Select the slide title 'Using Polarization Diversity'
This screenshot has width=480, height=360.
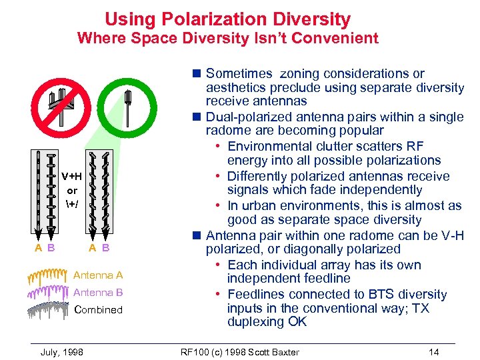point(227,19)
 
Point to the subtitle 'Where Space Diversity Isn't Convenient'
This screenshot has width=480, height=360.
point(227,38)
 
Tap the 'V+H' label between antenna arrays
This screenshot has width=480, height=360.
point(72,177)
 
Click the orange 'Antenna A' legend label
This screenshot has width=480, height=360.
point(98,275)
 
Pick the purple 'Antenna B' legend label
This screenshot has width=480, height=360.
point(98,292)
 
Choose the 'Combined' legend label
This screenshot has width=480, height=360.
point(99,309)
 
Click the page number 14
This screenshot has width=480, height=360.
point(434,351)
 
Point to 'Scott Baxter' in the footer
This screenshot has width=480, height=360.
point(273,351)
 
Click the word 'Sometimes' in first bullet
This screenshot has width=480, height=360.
point(239,73)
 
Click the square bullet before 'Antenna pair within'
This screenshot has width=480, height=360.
point(198,235)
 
